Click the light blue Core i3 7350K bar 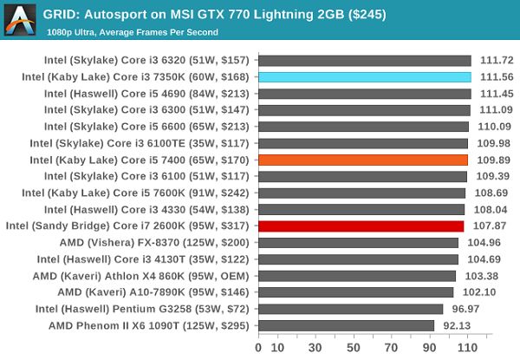(x=364, y=77)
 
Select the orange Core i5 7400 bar (x=363, y=160)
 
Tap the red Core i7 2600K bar (x=361, y=226)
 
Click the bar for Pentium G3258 (x=351, y=309)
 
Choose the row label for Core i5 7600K (x=137, y=193)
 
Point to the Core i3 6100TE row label (x=140, y=143)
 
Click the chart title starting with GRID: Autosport (x=201, y=15)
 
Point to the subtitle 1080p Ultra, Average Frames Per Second (x=133, y=32)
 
